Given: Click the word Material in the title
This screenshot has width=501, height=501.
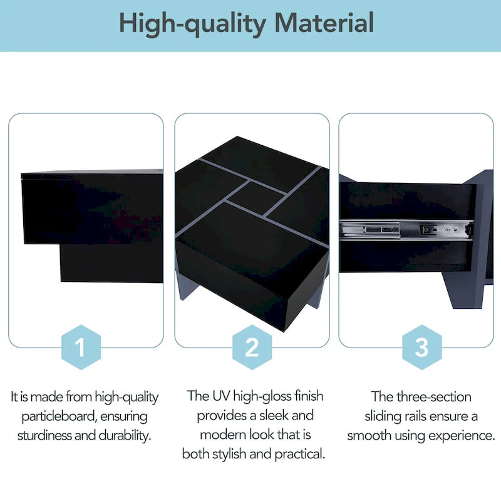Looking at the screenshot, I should click(324, 24).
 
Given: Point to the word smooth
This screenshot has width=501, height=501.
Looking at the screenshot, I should click(368, 435).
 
